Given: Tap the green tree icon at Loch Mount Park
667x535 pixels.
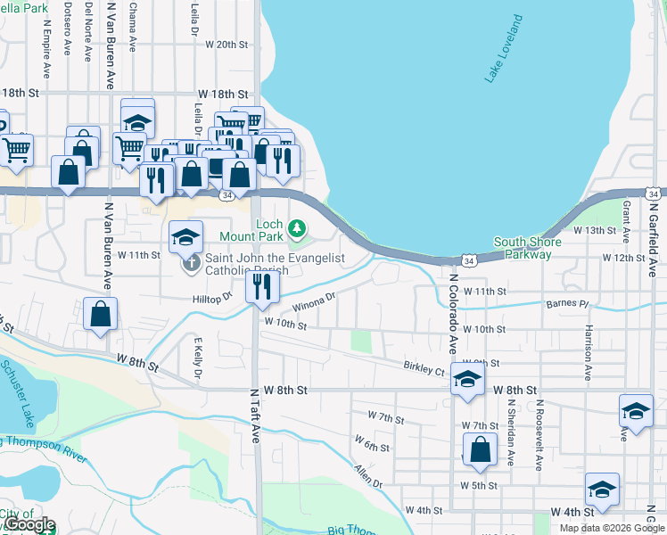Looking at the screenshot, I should coord(298,234).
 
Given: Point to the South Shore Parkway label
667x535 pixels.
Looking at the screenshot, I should coord(528,248).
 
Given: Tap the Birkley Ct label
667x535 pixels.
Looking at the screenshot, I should coord(424,367).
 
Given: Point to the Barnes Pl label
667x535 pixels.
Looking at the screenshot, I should coord(569,304).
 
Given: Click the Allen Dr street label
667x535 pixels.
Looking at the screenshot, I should coord(367,475).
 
